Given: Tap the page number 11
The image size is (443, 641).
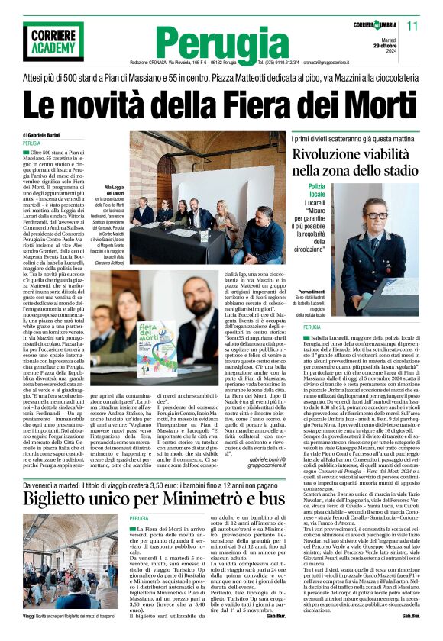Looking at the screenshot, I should [x=423, y=26].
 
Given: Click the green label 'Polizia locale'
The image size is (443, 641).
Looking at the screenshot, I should [x=316, y=191].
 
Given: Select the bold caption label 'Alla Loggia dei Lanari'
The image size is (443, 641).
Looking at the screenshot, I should [x=114, y=190].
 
